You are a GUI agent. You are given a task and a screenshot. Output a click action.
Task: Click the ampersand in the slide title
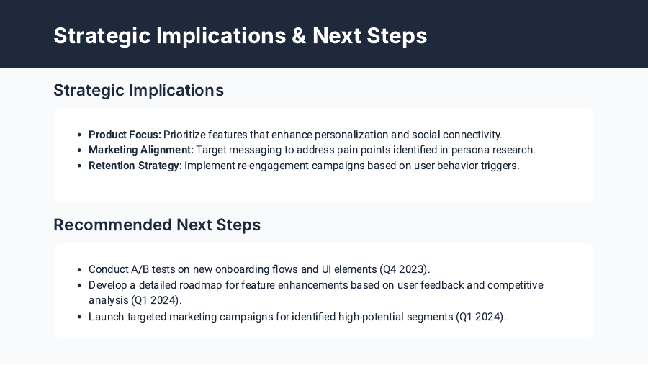click(x=299, y=36)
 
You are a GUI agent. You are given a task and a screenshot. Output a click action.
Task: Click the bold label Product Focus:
click(x=125, y=135)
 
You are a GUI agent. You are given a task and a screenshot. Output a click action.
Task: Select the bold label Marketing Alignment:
click(x=141, y=150)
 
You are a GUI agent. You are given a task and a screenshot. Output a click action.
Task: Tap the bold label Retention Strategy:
click(x=135, y=166)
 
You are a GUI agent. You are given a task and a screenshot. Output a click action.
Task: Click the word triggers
click(x=500, y=166)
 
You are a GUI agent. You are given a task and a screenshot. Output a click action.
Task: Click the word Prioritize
click(x=186, y=135)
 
